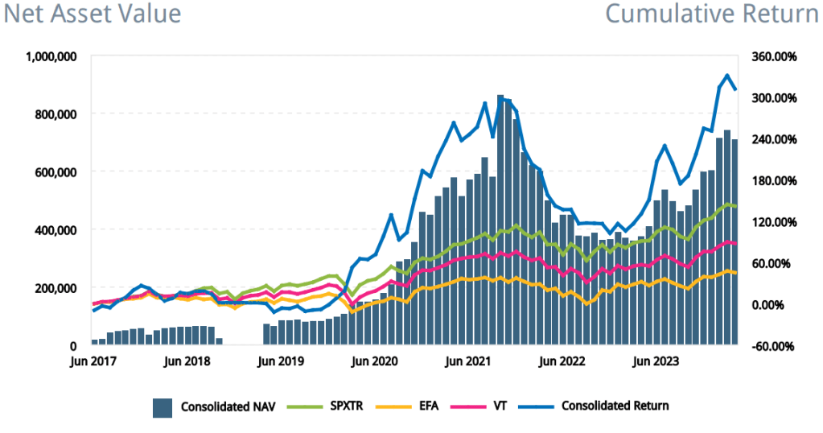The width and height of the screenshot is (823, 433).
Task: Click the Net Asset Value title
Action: click(x=93, y=14)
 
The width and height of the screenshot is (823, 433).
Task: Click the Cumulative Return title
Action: click(x=711, y=14)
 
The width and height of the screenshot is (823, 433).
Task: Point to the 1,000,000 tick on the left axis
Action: click(x=51, y=56)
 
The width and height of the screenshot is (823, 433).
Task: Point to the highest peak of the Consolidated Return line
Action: click(x=727, y=76)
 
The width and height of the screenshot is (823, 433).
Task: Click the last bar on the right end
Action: click(x=735, y=242)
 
